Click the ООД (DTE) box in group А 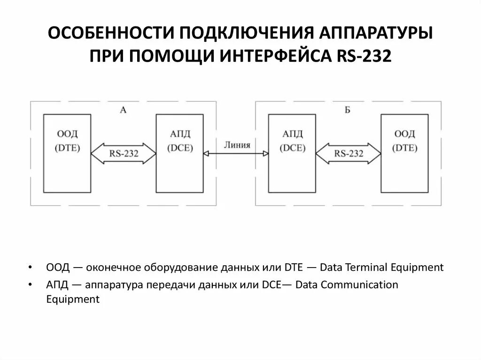67,153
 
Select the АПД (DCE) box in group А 179,153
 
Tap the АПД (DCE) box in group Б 292,153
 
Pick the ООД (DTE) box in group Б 404,153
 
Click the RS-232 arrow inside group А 124,153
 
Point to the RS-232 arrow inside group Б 349,153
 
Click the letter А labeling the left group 123,110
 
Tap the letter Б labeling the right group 348,110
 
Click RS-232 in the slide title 364,57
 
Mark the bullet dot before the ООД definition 30,268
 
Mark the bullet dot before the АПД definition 30,285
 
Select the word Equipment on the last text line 73,299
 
